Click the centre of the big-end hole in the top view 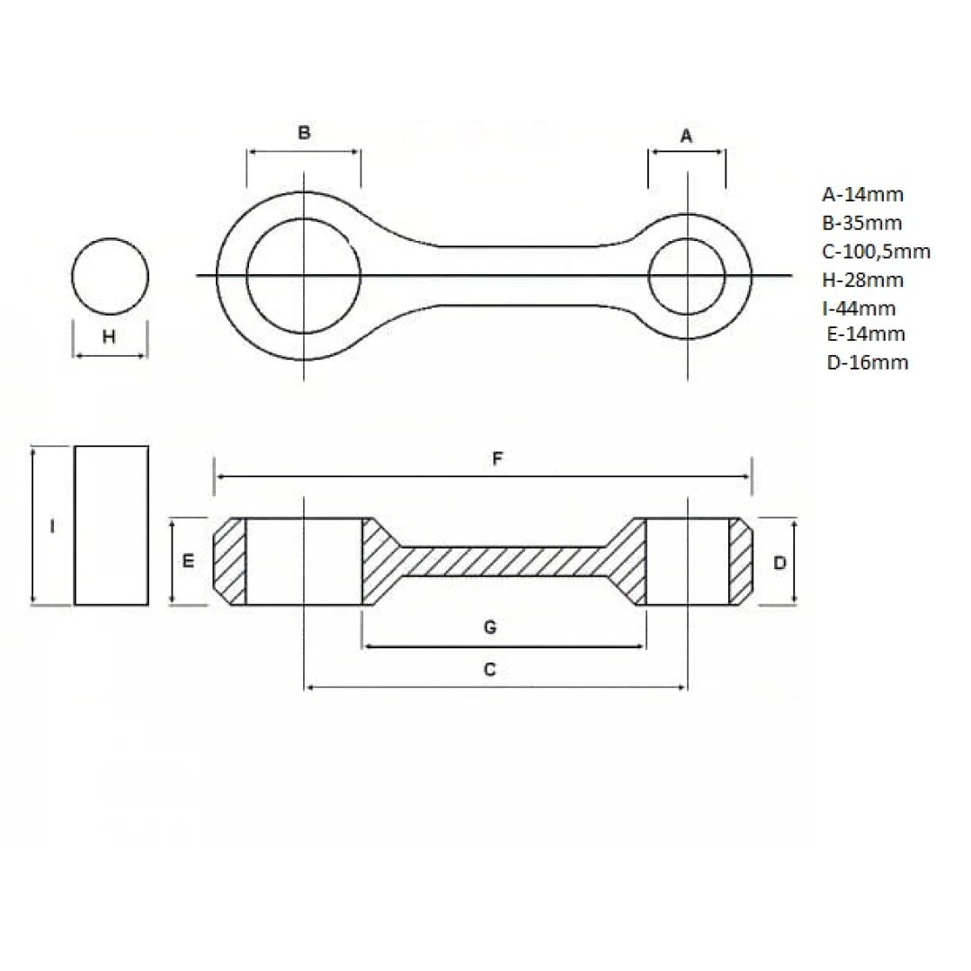click(x=304, y=276)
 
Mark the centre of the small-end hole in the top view click(x=688, y=276)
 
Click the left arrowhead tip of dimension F click(x=215, y=477)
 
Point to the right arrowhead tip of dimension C click(x=687, y=687)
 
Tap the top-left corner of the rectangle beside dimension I click(x=75, y=446)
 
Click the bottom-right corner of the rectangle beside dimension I click(x=148, y=604)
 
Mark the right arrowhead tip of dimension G click(x=646, y=646)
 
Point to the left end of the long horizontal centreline click(x=196, y=275)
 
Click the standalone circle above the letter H click(x=111, y=277)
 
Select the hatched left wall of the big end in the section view click(x=230, y=561)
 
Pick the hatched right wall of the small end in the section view click(x=741, y=561)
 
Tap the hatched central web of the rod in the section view click(x=503, y=562)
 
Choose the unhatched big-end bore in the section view click(x=304, y=561)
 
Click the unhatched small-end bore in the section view click(x=688, y=561)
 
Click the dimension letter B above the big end click(x=304, y=132)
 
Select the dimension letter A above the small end click(x=686, y=136)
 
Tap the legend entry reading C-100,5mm click(x=877, y=252)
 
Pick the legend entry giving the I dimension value click(x=859, y=307)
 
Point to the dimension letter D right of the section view click(x=779, y=562)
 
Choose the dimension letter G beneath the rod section click(x=490, y=628)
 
